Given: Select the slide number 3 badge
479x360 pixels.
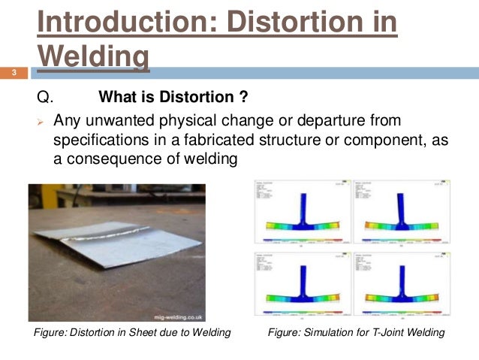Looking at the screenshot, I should coord(13,73).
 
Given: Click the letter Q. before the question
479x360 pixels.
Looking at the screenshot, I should coord(46,98).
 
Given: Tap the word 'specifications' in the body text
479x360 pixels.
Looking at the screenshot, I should coord(98,140).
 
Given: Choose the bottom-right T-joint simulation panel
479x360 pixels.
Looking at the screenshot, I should coord(396,285).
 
